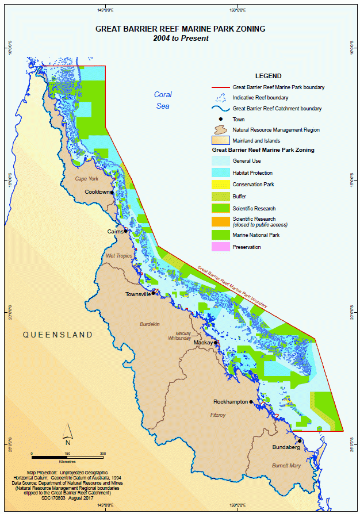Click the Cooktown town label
(97, 191)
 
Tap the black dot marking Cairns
(126, 231)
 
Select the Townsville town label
(138, 294)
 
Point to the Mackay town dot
(216, 343)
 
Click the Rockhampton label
(231, 401)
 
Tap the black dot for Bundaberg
(300, 441)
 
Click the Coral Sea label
(163, 99)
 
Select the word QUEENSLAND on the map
(58, 334)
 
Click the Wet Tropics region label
(119, 255)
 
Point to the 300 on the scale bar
(102, 454)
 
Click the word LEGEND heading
(268, 76)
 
